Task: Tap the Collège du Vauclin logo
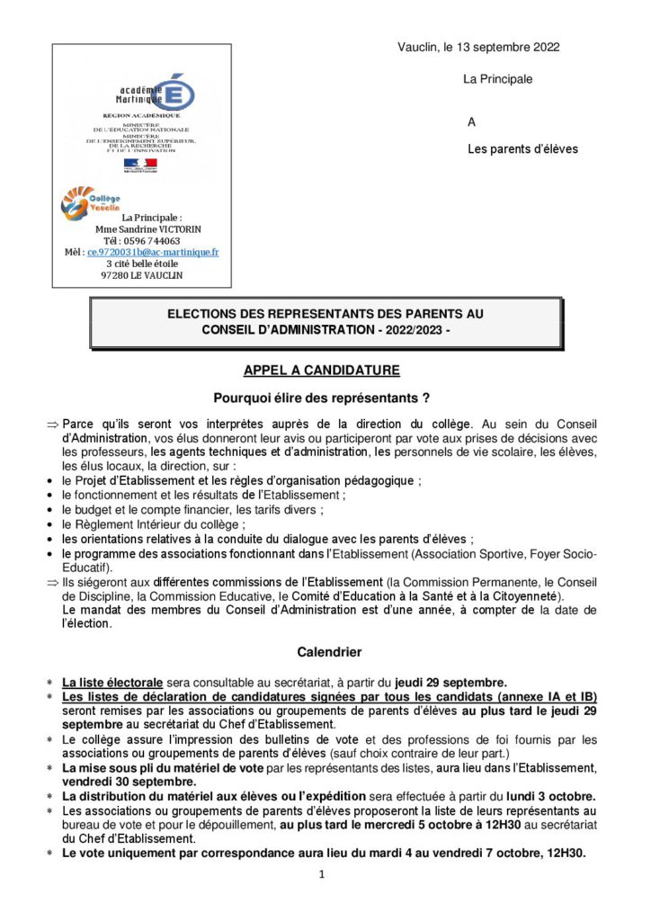pyautogui.click(x=89, y=201)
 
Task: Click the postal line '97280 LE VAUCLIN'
pyautogui.click(x=144, y=276)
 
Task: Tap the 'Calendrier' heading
pyautogui.click(x=325, y=651)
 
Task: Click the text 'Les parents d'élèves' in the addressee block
pyautogui.click(x=522, y=149)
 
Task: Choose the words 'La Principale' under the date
pyautogui.click(x=497, y=79)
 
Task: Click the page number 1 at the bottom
pyautogui.click(x=321, y=875)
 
